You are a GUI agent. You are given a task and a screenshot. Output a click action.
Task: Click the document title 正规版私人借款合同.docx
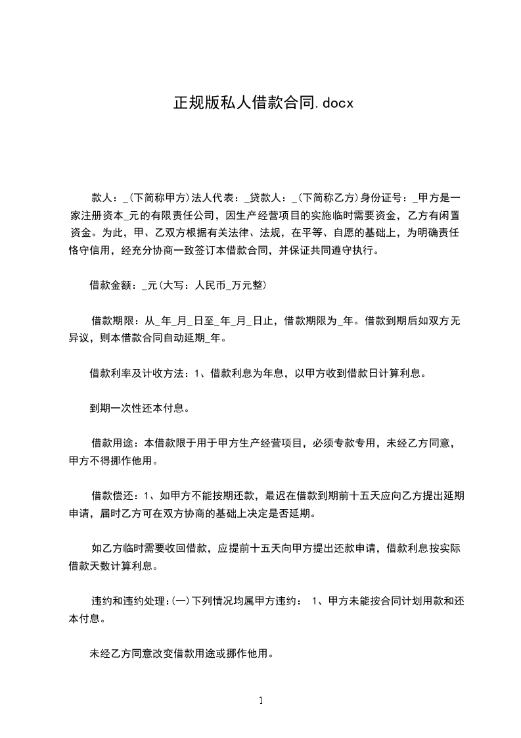click(263, 103)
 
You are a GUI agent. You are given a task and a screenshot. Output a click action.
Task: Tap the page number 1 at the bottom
click(261, 701)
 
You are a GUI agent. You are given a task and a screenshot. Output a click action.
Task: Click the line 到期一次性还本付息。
click(140, 408)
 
